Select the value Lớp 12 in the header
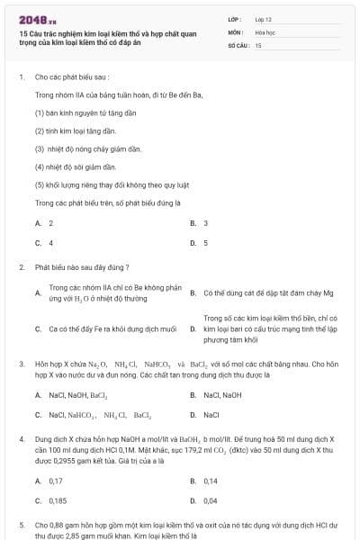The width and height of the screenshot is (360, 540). (263, 18)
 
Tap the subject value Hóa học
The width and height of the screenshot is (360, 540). (265, 31)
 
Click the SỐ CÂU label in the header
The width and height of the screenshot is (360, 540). (238, 44)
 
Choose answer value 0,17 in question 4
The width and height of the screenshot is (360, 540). (56, 481)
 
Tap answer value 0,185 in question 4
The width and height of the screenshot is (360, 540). (58, 500)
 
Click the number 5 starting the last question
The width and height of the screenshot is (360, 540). (22, 524)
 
